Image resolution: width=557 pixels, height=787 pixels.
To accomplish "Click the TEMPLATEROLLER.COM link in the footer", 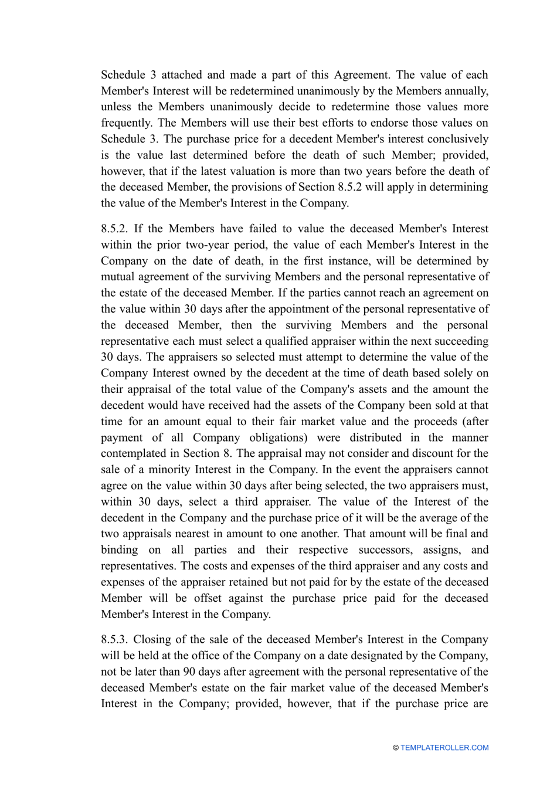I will pos(444,748).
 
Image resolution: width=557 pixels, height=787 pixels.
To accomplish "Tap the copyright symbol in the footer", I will pos(396,748).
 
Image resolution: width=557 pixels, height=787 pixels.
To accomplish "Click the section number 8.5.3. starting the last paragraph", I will pos(114,639).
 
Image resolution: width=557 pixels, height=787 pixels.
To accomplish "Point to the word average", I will pos(438,518).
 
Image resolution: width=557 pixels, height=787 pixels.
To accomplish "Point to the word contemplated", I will pos(131,453).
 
